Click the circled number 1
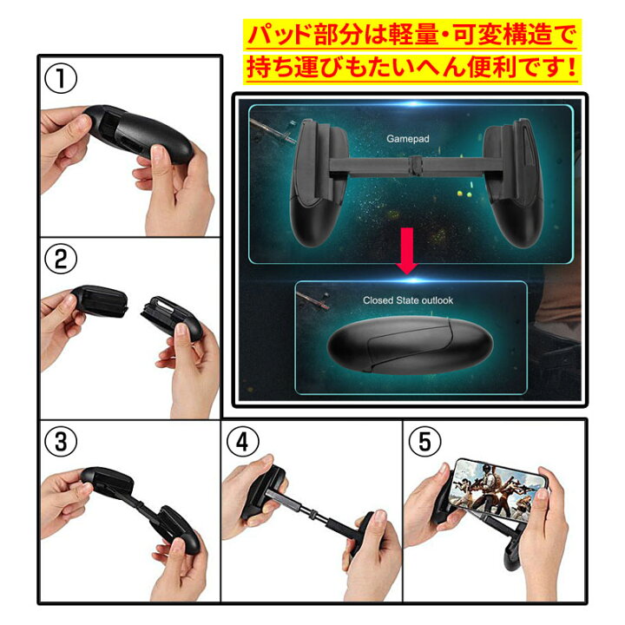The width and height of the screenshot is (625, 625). [62, 79]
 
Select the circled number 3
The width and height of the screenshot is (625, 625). [62, 441]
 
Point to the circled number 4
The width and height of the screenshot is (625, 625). [242, 441]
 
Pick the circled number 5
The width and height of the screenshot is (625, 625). [424, 441]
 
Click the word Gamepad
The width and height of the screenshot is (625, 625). [404, 137]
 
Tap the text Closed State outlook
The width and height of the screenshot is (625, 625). [407, 300]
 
